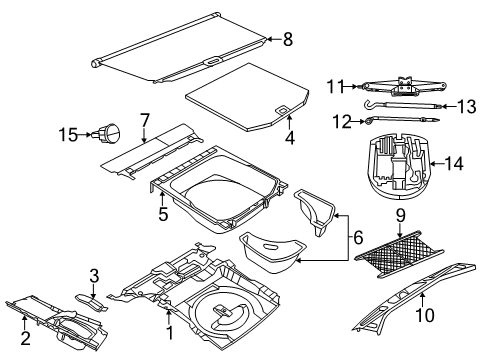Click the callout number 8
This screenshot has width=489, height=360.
pos(288,41)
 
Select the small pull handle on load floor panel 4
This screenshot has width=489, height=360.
pos(283,111)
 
